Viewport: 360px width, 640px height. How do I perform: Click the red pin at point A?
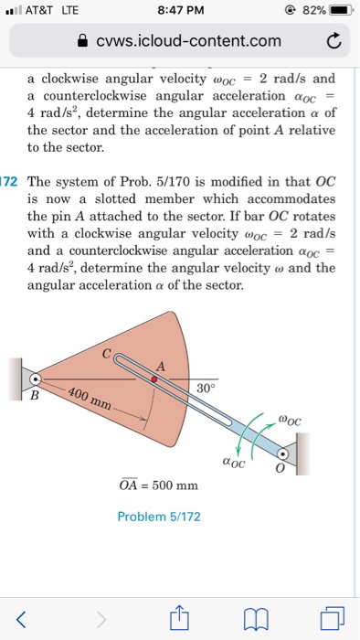(154, 379)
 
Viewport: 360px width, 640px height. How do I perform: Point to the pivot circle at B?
(35, 378)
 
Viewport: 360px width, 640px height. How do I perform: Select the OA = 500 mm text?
(158, 485)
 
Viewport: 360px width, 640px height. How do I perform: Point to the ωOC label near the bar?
(288, 421)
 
